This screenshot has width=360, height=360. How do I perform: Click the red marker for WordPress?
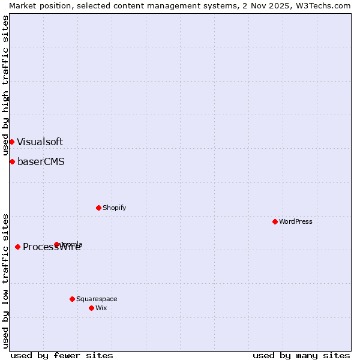(275, 221)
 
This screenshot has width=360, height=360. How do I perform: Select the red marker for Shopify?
(98, 208)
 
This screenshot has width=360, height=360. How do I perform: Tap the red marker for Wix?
(91, 308)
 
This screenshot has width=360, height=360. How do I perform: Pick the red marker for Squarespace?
(72, 299)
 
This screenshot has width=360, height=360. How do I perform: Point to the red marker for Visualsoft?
(11, 142)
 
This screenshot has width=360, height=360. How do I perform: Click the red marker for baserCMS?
(12, 161)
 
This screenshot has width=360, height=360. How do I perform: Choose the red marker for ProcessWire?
(17, 247)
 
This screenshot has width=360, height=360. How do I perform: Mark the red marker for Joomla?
(56, 244)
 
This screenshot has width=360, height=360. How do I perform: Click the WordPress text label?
(296, 221)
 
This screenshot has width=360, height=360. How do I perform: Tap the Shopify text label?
(114, 208)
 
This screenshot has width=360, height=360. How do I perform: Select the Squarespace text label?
(97, 299)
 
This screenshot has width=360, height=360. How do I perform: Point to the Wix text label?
(101, 308)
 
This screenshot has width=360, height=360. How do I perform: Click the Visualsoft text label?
(40, 142)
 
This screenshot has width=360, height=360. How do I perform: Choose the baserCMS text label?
(41, 161)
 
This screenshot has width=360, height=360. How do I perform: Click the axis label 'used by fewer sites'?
(62, 355)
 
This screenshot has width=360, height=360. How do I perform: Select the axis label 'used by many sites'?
(301, 355)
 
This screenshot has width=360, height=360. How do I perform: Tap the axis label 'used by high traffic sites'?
(5, 85)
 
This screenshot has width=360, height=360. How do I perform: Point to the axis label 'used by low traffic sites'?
(5, 281)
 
